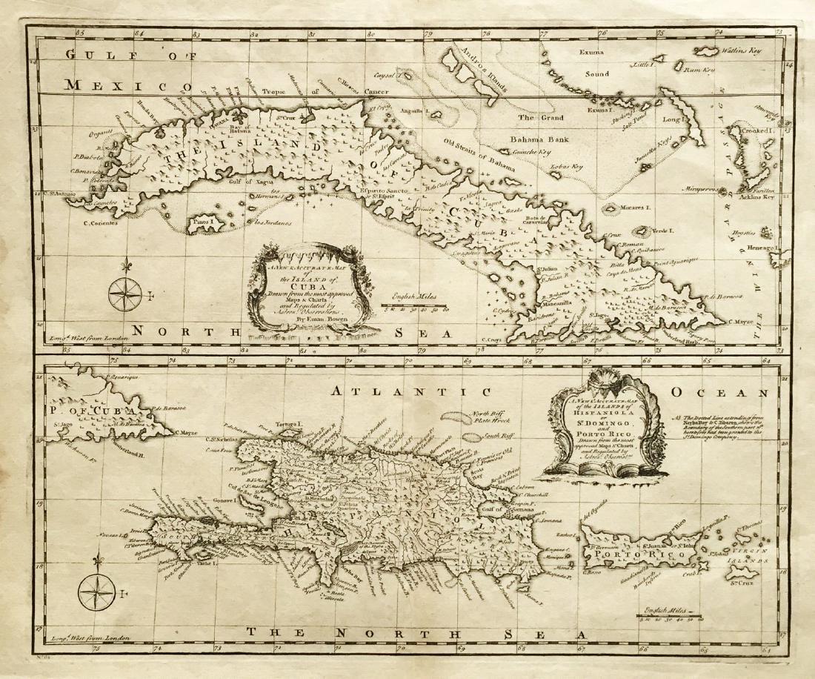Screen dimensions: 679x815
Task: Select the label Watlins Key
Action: (744, 51)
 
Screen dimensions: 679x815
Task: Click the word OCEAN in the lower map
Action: (719, 391)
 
